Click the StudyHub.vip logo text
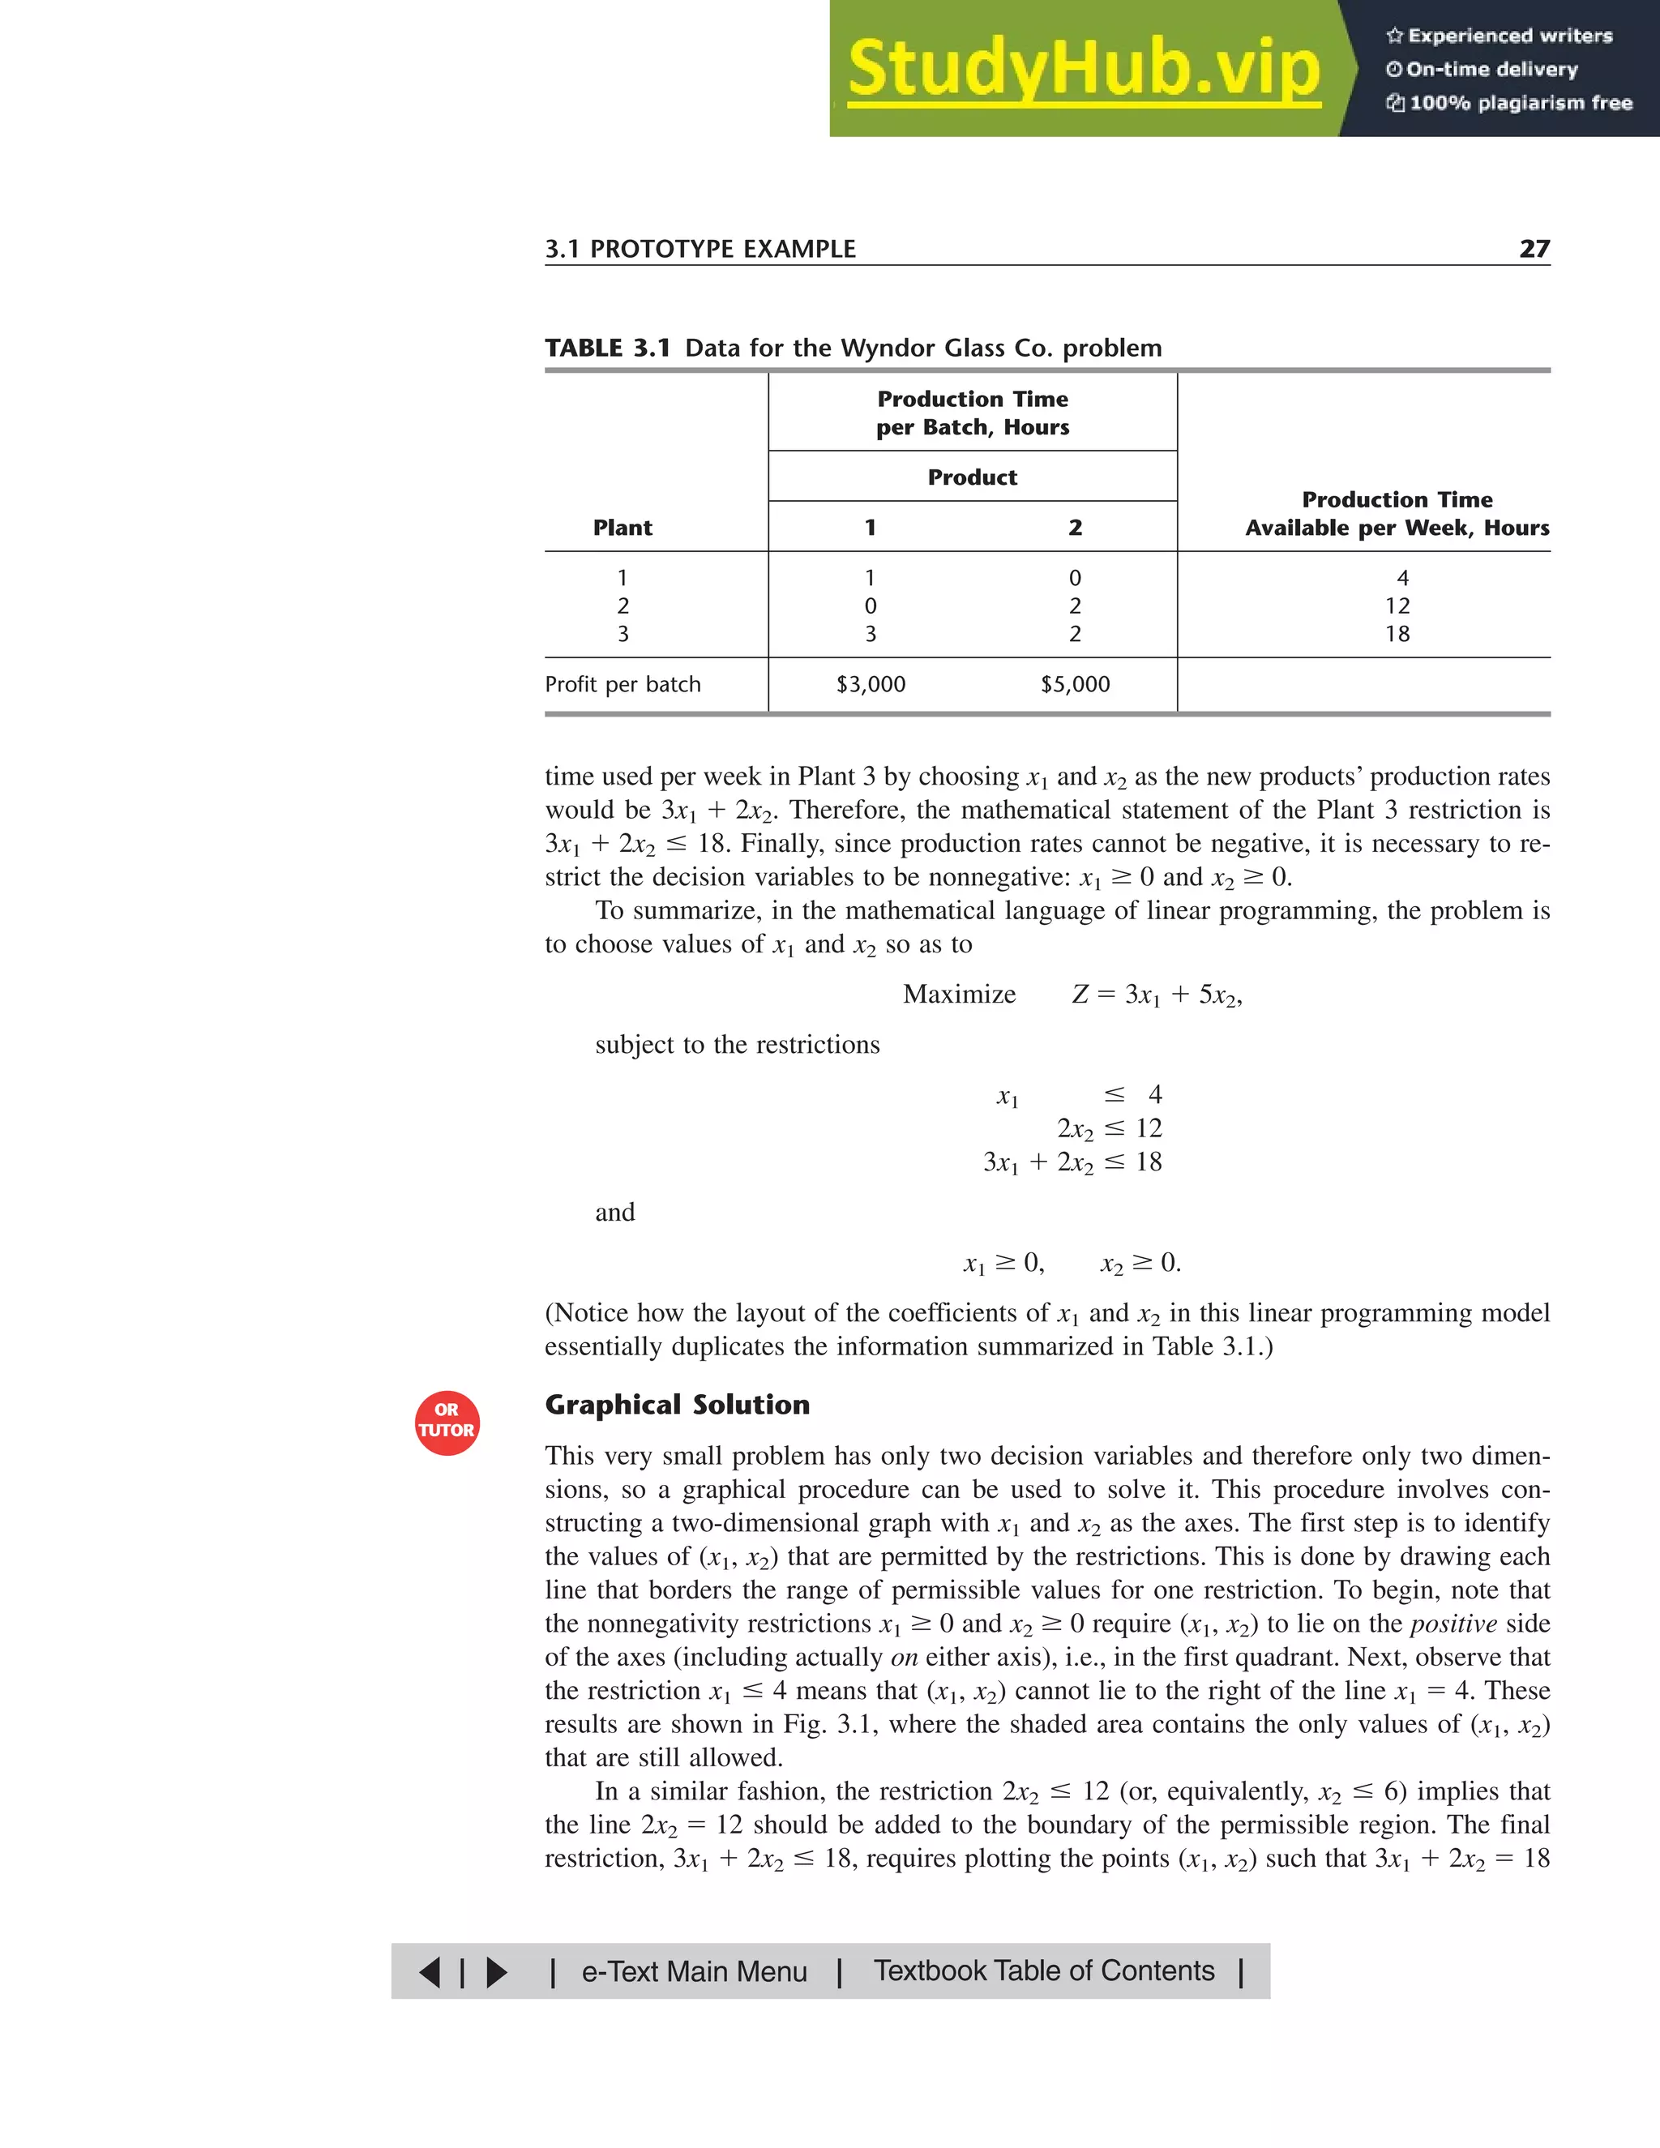click(1083, 69)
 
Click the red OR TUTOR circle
click(447, 1423)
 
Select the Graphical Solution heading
click(677, 1405)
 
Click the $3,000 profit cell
click(871, 685)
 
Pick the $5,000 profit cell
click(1075, 685)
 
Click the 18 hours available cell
click(1397, 635)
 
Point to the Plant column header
click(622, 528)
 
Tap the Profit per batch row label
click(622, 685)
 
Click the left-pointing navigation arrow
click(430, 1972)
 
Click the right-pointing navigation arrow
click(498, 1972)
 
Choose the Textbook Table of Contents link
click(1043, 1971)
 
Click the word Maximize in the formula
click(959, 995)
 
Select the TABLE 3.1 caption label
click(608, 349)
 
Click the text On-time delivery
click(1491, 70)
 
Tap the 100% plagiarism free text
click(1520, 103)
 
